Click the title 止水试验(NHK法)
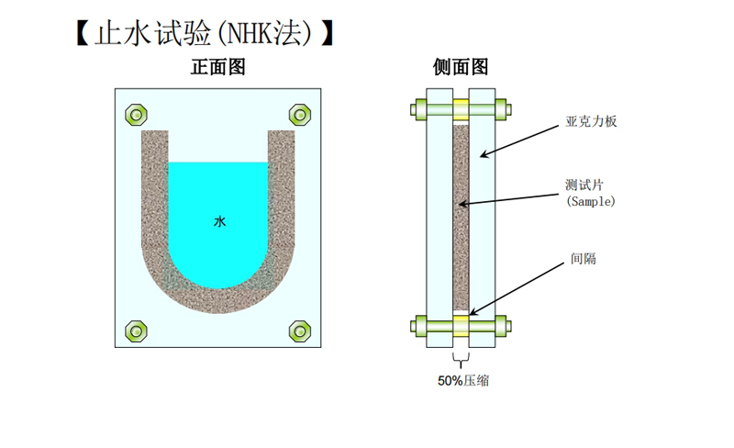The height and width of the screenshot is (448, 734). pos(204,33)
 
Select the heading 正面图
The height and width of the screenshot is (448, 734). pos(218,67)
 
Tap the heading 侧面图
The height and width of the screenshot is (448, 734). pos(461,67)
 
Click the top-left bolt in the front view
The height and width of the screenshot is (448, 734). pos(136,115)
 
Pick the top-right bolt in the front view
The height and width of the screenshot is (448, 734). pos(300,115)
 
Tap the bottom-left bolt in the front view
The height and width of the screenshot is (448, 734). pos(136,331)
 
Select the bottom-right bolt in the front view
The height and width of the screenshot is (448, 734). pos(300,331)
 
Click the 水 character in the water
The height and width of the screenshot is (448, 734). pos(219,221)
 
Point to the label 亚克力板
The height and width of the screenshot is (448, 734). pos(591,122)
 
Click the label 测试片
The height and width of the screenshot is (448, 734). pos(584,185)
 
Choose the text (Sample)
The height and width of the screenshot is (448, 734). pos(591,201)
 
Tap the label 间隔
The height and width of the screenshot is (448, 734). pos(584,259)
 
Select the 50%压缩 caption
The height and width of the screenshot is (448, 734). pos(463,380)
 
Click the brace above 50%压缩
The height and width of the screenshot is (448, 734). pos(462,361)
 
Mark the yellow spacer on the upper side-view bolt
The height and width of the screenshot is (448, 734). pos(461,109)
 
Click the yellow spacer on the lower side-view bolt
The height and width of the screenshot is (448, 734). pos(461,326)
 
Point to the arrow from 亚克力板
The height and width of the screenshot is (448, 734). pos(519,141)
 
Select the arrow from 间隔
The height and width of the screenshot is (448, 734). pos(517,289)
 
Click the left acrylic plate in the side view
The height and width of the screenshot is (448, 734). pos(439,218)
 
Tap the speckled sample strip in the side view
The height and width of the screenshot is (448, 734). pos(462,218)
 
